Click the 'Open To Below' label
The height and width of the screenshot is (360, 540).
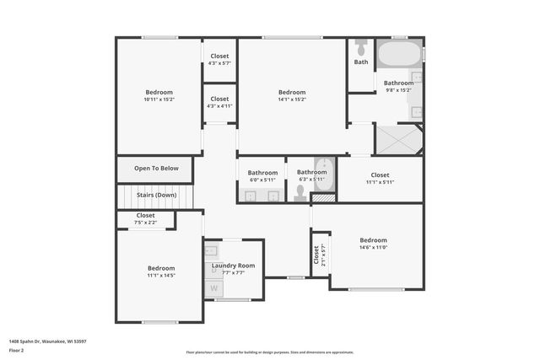click(x=157, y=169)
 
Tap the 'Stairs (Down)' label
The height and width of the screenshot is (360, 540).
click(x=157, y=195)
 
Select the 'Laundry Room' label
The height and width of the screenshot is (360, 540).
click(x=233, y=266)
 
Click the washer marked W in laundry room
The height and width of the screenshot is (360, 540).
click(x=213, y=288)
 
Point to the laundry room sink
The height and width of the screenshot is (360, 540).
click(x=212, y=250)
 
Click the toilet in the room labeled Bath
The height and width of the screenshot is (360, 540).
click(x=361, y=47)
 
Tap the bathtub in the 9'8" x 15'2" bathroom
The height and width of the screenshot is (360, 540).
click(x=399, y=55)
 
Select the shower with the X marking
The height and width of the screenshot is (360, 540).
click(x=397, y=139)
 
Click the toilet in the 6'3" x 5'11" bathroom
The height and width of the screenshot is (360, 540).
click(x=300, y=193)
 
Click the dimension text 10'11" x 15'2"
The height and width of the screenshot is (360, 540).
click(x=159, y=99)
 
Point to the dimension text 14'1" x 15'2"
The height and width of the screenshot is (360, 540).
click(x=292, y=99)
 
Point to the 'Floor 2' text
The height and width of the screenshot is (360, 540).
click(x=17, y=350)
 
